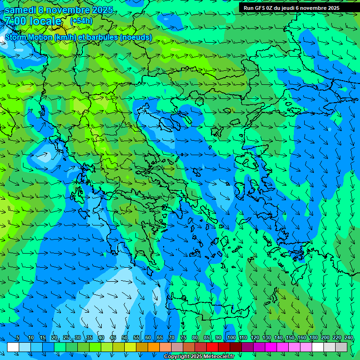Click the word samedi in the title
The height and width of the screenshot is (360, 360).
click(x=21, y=10)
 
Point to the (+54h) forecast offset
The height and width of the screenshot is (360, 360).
click(x=81, y=21)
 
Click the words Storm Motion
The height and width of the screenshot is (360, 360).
click(x=28, y=37)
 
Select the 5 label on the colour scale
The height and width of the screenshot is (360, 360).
click(x=18, y=338)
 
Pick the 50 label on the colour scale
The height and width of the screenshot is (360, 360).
click(x=125, y=338)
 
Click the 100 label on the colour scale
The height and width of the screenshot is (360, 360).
click(x=231, y=338)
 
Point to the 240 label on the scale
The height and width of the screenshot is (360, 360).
click(x=348, y=338)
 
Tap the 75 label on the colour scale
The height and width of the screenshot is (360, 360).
click(x=183, y=338)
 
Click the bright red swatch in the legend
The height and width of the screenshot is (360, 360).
click(x=212, y=347)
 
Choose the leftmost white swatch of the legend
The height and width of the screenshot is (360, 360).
click(x=13, y=347)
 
